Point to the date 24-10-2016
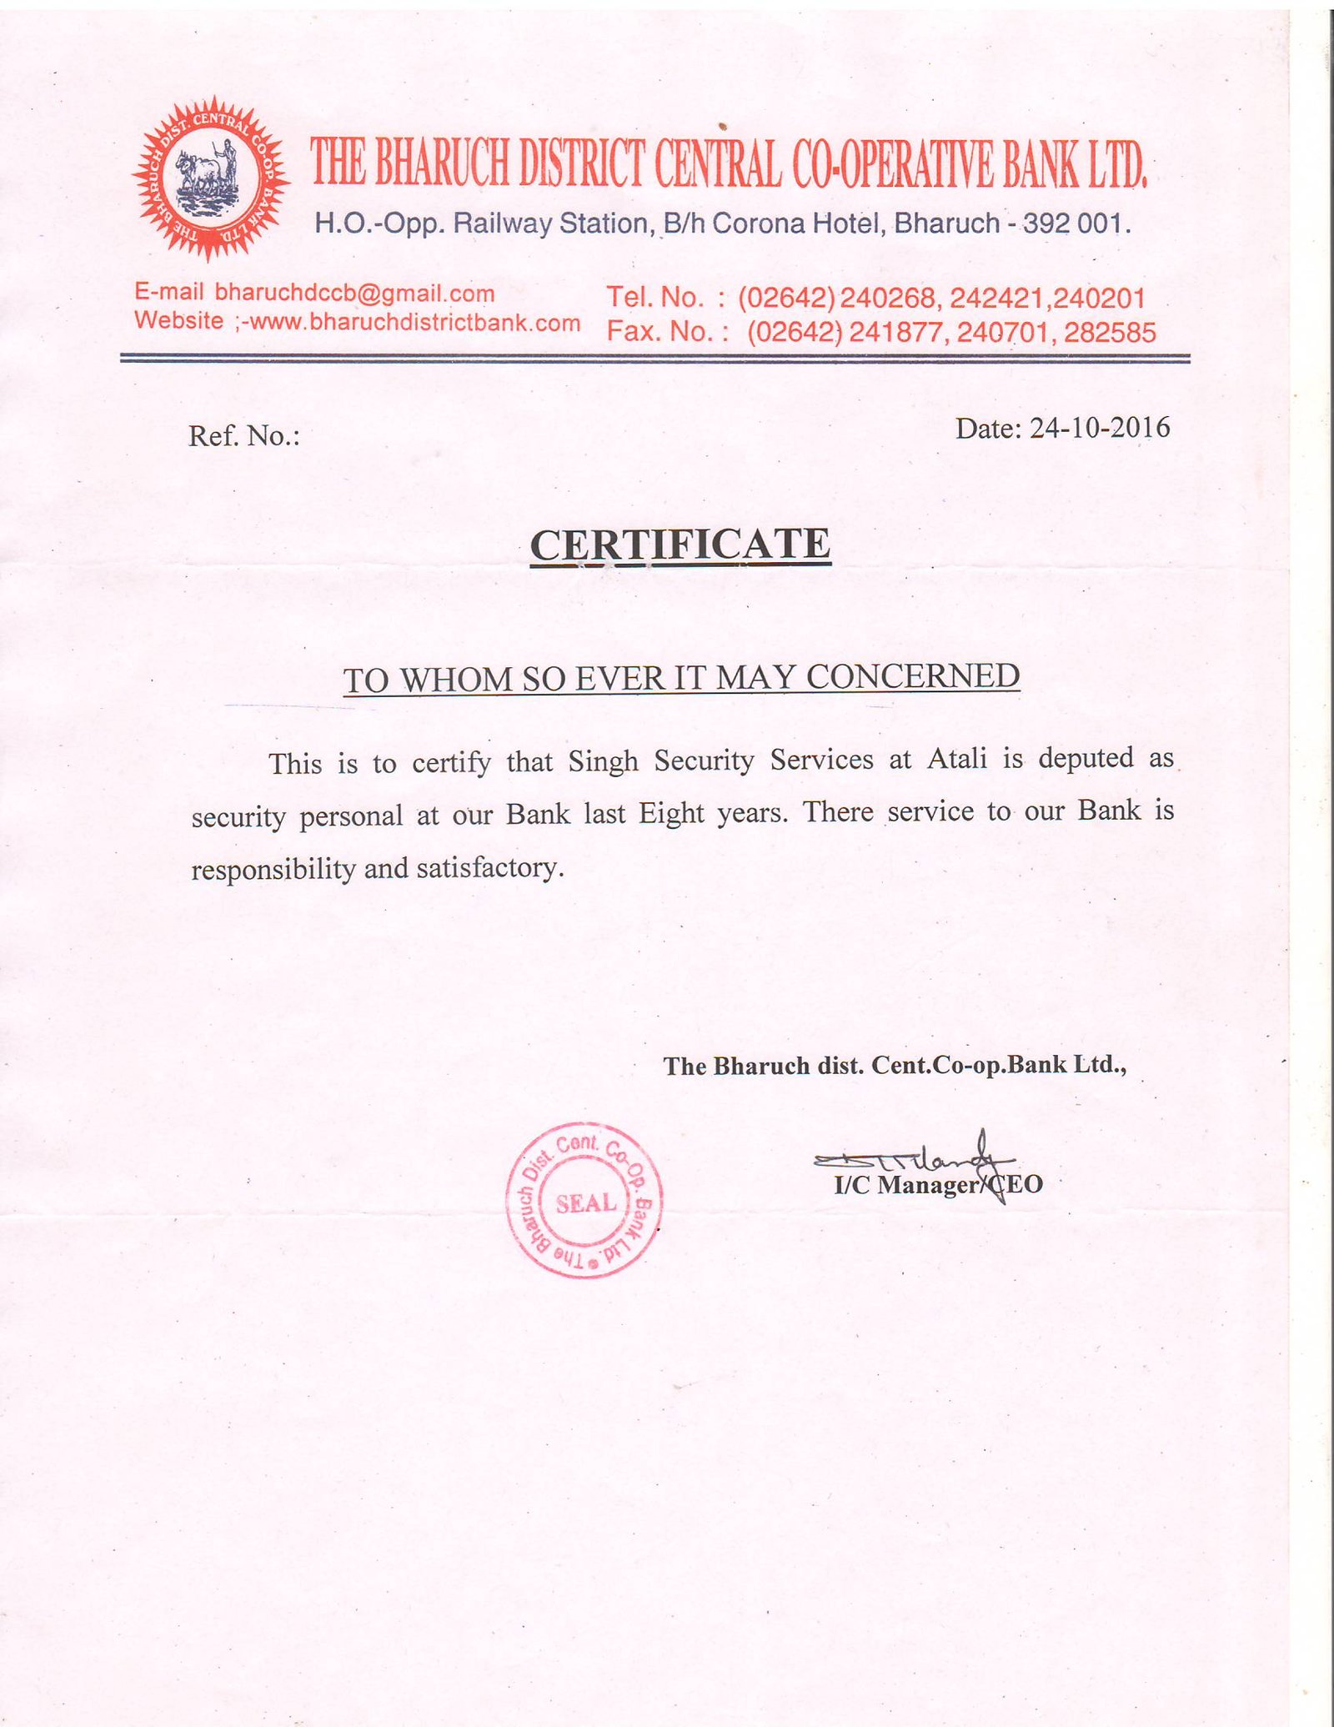point(1099,428)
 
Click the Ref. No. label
point(243,435)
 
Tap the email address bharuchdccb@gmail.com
point(354,294)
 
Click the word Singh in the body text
point(603,761)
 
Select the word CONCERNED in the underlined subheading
point(913,676)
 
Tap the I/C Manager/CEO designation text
point(938,1185)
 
